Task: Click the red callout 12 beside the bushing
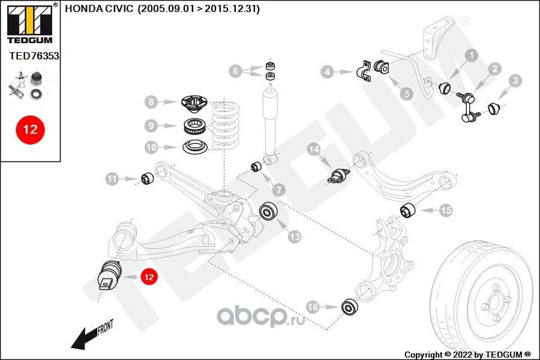pyautogui.click(x=149, y=277)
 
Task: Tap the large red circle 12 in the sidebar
pyautogui.click(x=31, y=130)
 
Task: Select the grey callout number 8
pyautogui.click(x=151, y=102)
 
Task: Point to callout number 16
pyautogui.click(x=313, y=307)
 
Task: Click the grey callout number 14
pyautogui.click(x=314, y=149)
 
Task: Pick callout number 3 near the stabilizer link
pyautogui.click(x=515, y=80)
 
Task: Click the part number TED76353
pyautogui.click(x=34, y=56)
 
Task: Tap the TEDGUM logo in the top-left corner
pyautogui.click(x=30, y=23)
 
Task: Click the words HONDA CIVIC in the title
pyautogui.click(x=99, y=8)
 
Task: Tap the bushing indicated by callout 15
pyautogui.click(x=408, y=210)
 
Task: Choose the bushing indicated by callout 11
pyautogui.click(x=148, y=178)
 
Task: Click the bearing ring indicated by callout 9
pyautogui.click(x=195, y=126)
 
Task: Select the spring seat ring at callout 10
pyautogui.click(x=195, y=148)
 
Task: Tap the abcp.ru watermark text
pyautogui.click(x=261, y=316)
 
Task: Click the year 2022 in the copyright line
pyautogui.click(x=463, y=355)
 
